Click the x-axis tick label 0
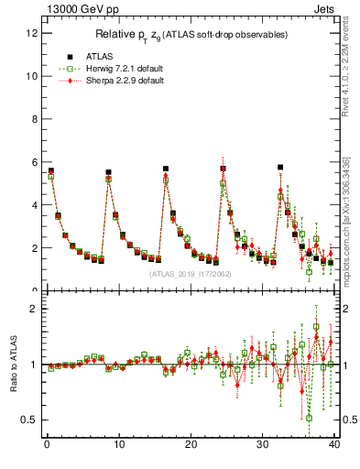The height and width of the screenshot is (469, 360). (46, 446)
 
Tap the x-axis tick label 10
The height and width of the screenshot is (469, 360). (117, 446)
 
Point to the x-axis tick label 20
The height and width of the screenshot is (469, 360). (190, 446)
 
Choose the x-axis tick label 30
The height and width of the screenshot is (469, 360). (262, 446)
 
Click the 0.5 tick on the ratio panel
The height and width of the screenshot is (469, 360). (29, 420)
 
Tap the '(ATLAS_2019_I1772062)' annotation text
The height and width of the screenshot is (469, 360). (191, 273)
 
